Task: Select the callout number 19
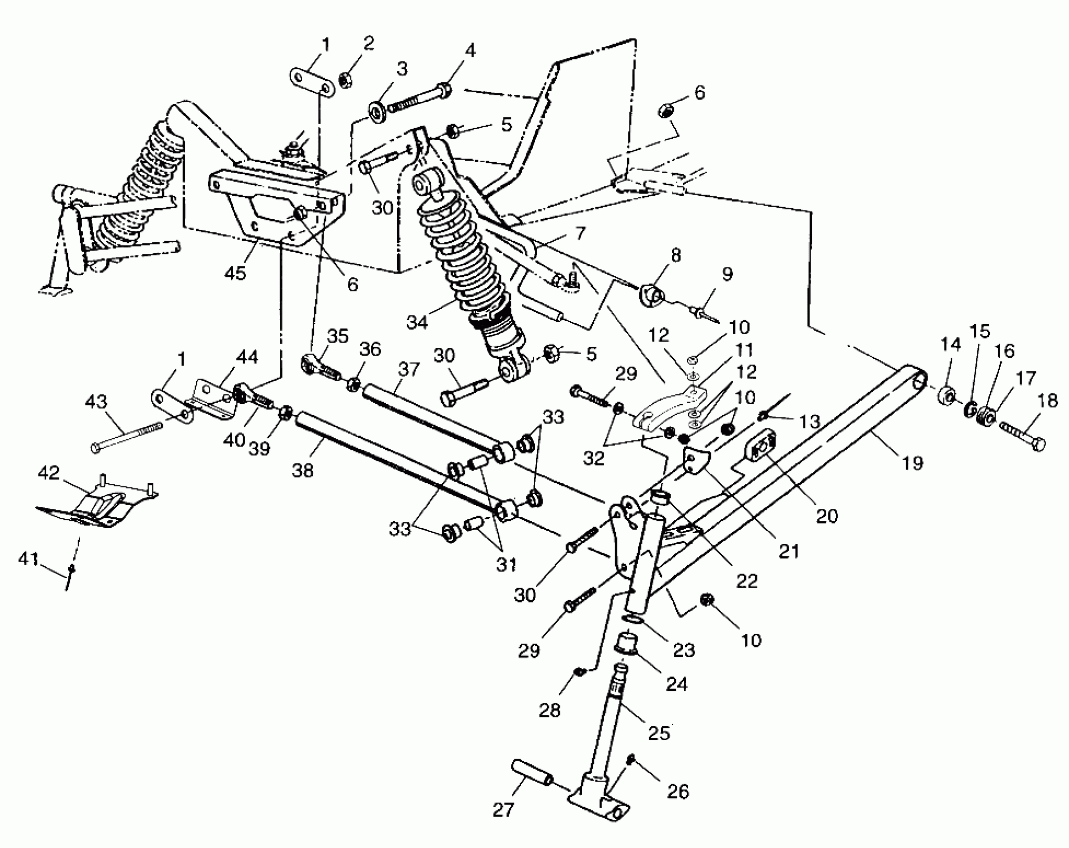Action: coord(912,463)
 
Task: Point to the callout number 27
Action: coord(503,810)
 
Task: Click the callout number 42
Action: coord(48,472)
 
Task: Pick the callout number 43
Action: coord(96,402)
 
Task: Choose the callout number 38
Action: coord(303,470)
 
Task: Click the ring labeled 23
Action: coord(632,620)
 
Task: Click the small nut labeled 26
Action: coord(631,760)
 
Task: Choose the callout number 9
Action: coord(727,274)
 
